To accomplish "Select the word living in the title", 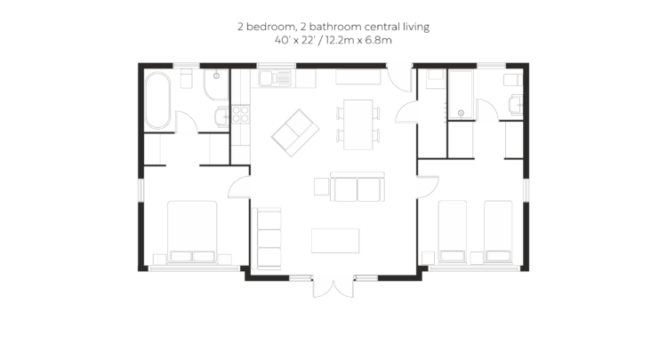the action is (x=416, y=27).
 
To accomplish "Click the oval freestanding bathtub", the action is (x=157, y=100).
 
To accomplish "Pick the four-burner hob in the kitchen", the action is (x=241, y=115).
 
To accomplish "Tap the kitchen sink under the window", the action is (x=275, y=78).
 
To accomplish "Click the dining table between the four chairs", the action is (x=358, y=124).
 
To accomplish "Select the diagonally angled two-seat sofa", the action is (x=295, y=132).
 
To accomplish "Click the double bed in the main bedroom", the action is (x=192, y=232).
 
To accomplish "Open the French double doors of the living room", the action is (x=333, y=287).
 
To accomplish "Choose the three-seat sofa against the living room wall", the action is (x=267, y=238).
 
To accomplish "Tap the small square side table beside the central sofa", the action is (x=322, y=187).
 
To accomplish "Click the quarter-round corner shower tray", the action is (x=216, y=84).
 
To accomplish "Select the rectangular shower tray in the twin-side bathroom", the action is (x=461, y=95).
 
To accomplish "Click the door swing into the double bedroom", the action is (x=239, y=188).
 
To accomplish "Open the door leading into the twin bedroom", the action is (x=428, y=187).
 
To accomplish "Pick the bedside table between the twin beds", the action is (x=477, y=258).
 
